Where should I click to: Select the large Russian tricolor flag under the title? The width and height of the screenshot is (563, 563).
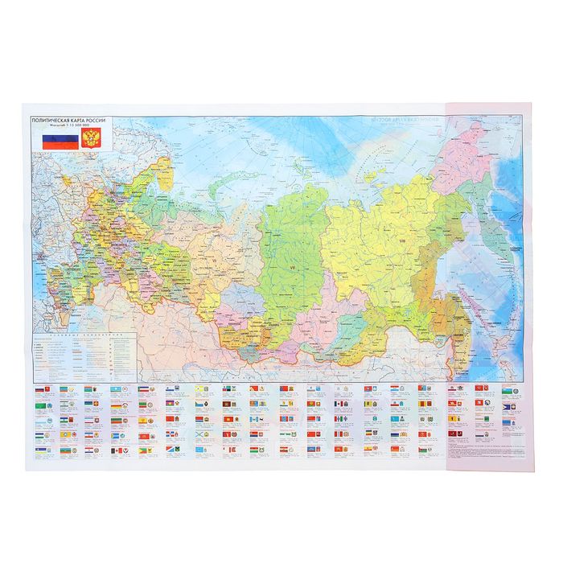(x=55, y=139)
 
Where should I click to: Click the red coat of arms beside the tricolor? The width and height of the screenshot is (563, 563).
(x=92, y=139)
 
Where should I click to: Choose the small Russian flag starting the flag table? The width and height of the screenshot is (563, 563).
(x=42, y=389)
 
